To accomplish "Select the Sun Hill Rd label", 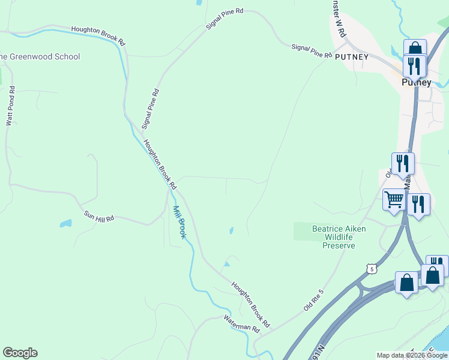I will (x=98, y=217).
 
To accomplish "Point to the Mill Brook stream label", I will (x=179, y=222).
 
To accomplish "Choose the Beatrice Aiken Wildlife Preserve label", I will (x=339, y=237).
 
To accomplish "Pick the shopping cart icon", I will (x=394, y=200).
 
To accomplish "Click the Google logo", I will (x=20, y=353).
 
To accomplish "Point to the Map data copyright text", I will (x=412, y=355).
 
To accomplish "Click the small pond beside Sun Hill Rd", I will (x=65, y=224).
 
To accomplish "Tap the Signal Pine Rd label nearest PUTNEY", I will (x=312, y=50).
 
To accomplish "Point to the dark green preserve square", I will (x=304, y=231).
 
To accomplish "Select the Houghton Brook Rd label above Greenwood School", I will (x=97, y=36).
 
